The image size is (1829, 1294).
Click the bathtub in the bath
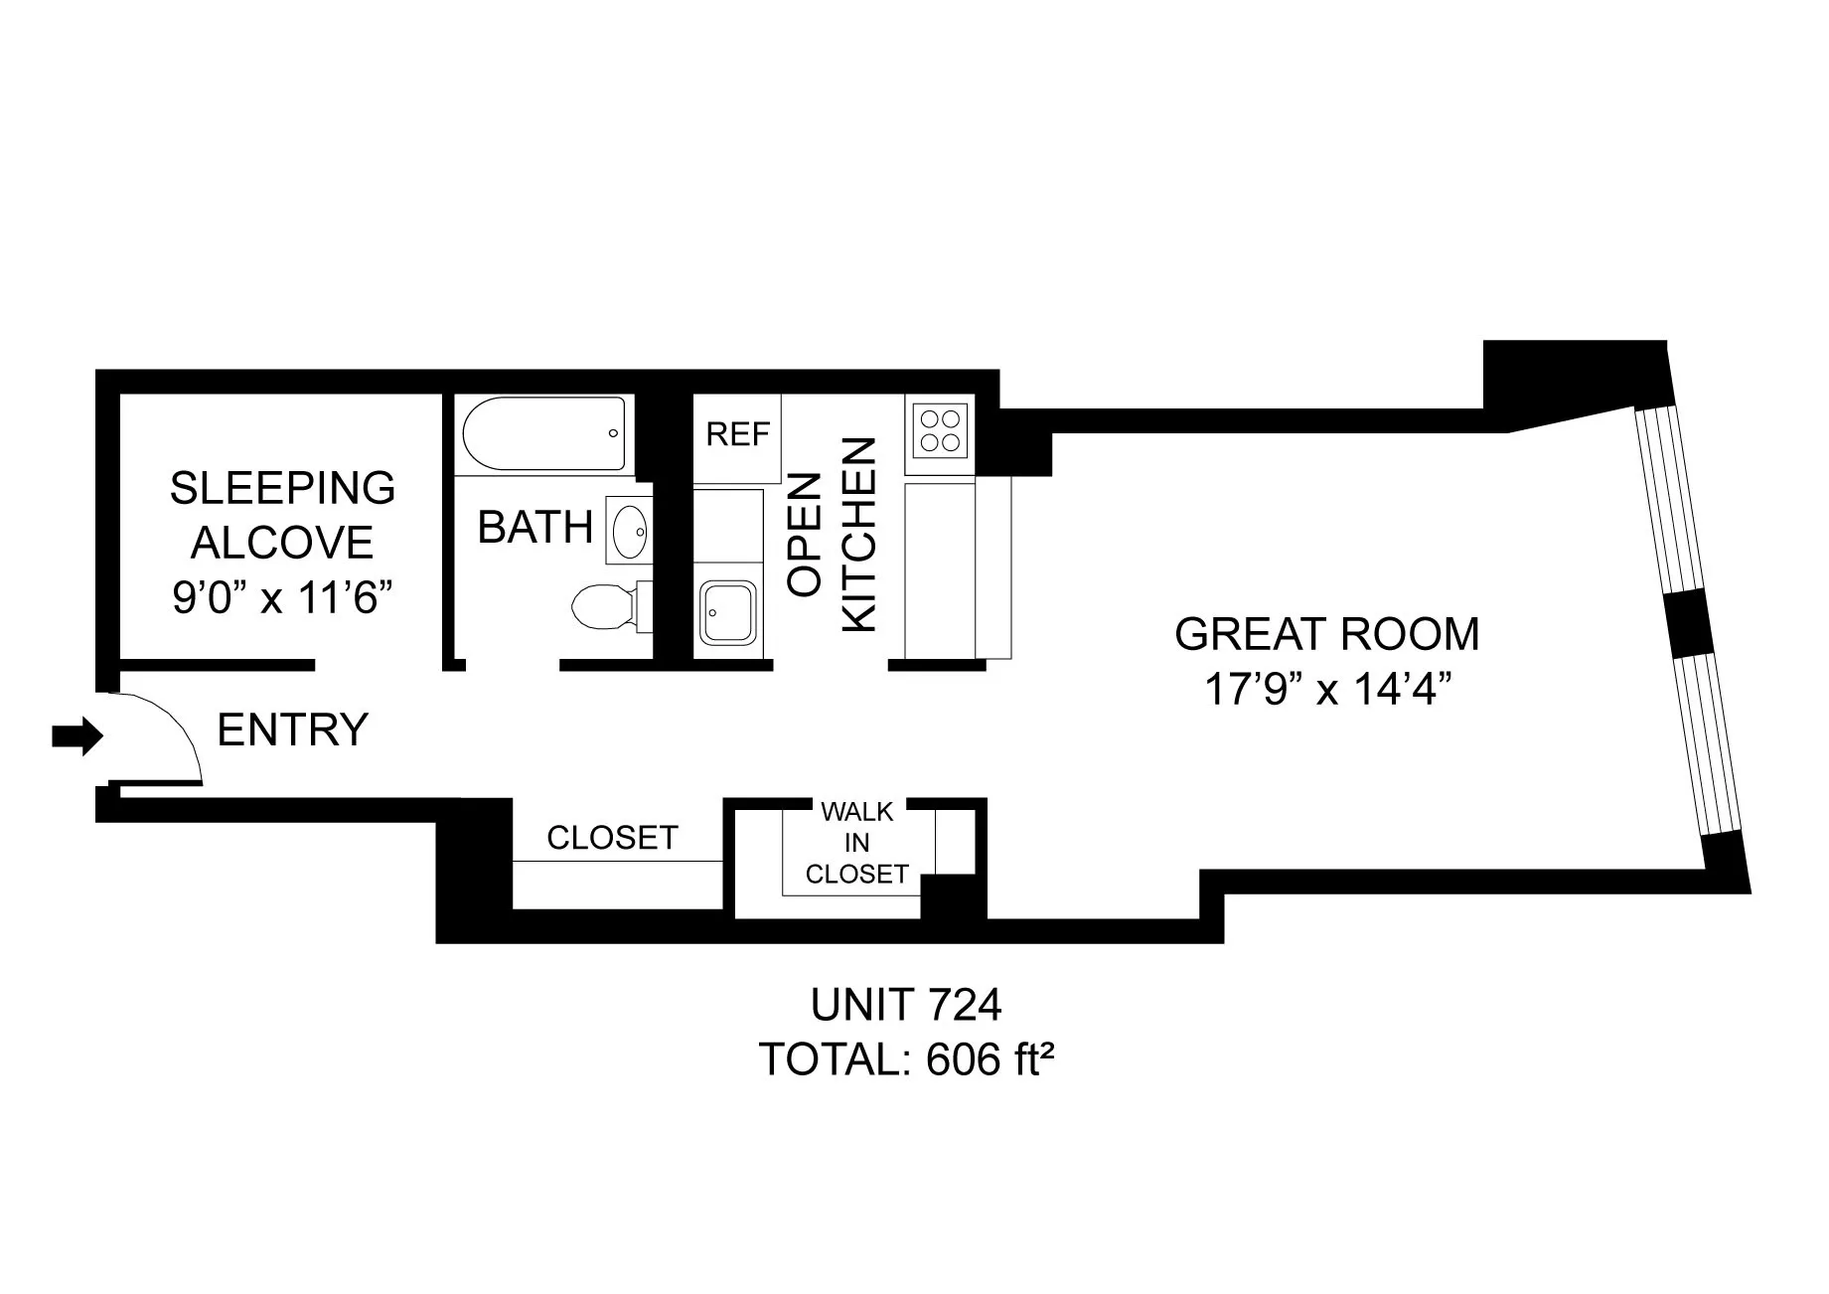[544, 434]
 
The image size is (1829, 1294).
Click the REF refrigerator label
[738, 434]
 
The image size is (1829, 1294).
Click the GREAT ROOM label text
[1326, 634]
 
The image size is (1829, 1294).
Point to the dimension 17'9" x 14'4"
[1326, 688]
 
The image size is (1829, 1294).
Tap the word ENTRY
[292, 729]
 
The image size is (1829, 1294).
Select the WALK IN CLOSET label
[856, 843]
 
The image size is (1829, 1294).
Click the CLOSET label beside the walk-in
[612, 838]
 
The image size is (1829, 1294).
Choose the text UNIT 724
[906, 1006]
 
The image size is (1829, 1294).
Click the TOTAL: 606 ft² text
[906, 1059]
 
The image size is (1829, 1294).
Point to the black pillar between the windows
[1686, 623]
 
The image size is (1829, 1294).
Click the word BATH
[535, 527]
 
